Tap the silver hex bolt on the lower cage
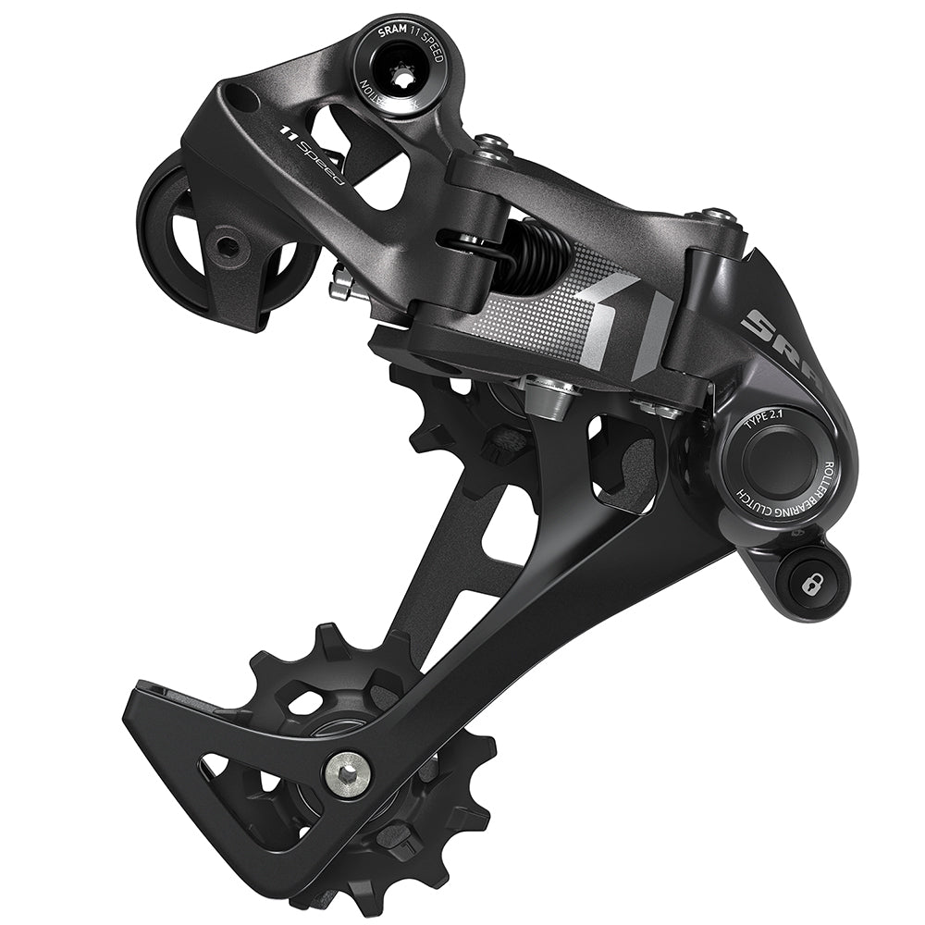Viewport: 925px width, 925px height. click(x=348, y=770)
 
